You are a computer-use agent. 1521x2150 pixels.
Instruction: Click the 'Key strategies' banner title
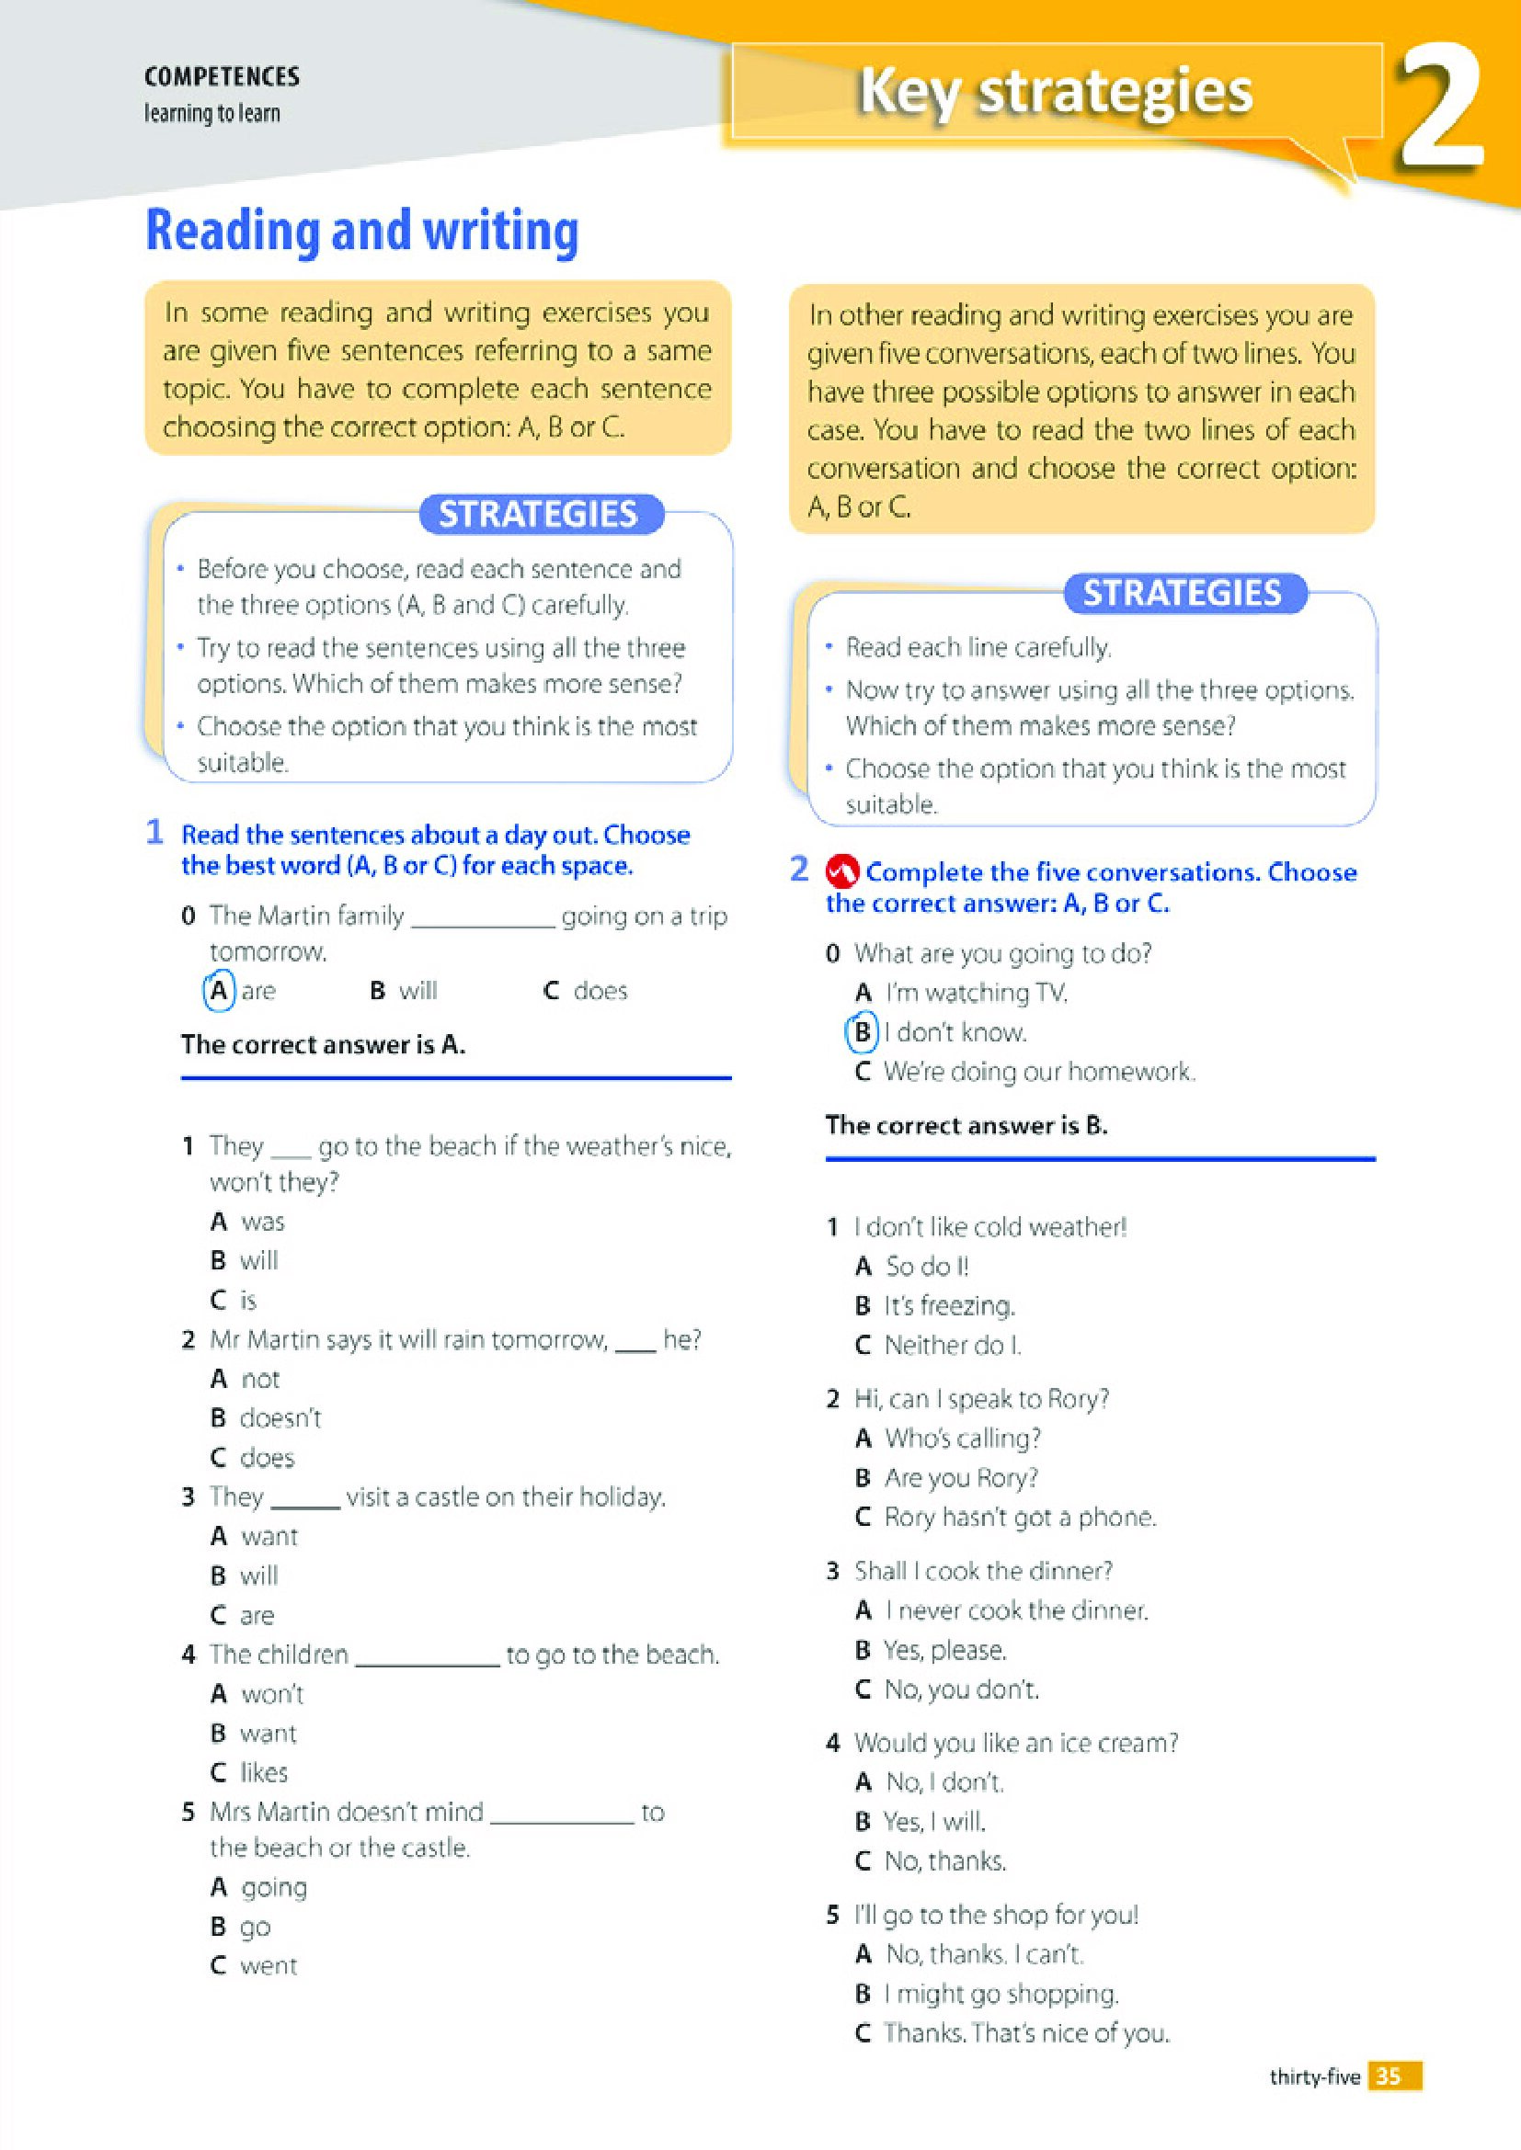[1055, 92]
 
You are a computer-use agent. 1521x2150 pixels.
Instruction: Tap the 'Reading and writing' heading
[362, 231]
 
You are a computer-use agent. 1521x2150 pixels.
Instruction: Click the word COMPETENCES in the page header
[222, 77]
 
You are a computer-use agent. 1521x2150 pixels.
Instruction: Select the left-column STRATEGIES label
[539, 514]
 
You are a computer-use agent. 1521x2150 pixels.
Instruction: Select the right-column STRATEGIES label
[1182, 593]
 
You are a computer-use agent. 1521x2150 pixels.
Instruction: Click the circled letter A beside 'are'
[218, 991]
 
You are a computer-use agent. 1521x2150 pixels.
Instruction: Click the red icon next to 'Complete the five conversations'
[842, 871]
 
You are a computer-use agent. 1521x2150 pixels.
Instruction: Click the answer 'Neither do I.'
[953, 1345]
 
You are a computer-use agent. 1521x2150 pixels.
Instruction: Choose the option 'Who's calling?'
[962, 1438]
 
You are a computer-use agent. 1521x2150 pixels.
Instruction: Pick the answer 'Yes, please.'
[945, 1649]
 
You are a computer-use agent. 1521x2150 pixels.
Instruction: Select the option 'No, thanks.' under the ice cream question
[945, 1860]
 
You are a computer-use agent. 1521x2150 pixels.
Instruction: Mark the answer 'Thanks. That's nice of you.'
[1026, 2033]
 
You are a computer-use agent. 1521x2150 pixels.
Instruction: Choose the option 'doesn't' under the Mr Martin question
[280, 1417]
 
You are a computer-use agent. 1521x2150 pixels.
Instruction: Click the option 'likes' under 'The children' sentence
[264, 1771]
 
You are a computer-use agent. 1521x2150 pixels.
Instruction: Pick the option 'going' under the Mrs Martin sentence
[273, 1887]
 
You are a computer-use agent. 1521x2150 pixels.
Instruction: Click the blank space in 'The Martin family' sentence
[483, 918]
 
